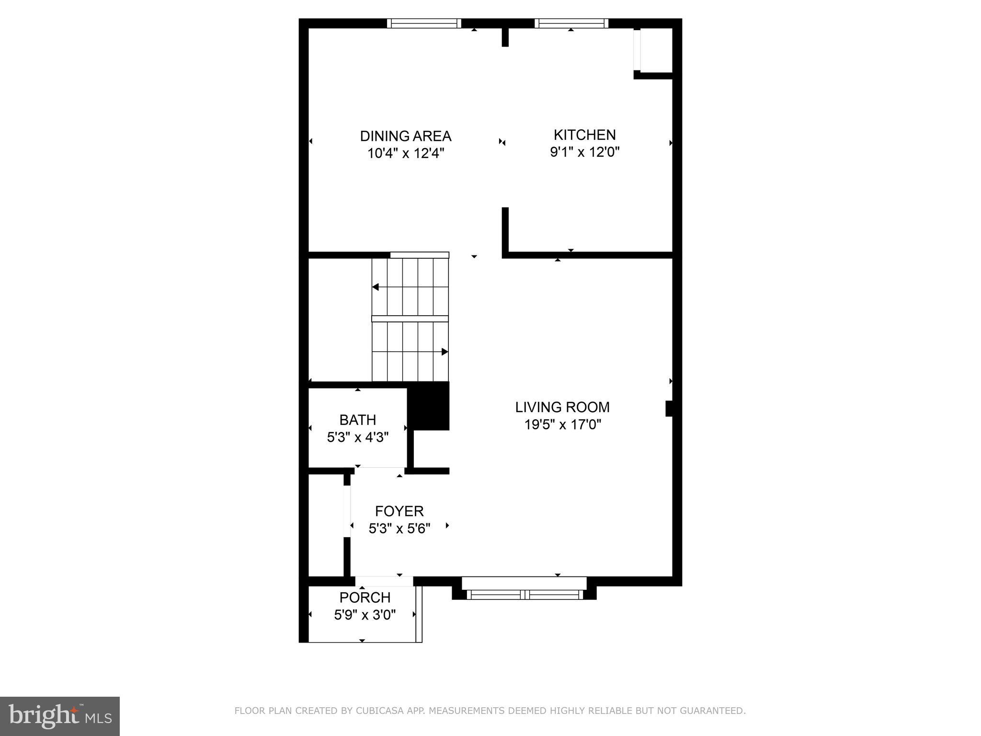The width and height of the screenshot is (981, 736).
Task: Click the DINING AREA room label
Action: [405, 136]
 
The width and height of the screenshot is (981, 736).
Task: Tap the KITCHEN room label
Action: [584, 135]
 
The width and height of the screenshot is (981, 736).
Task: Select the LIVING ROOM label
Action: [562, 407]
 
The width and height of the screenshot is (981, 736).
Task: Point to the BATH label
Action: [357, 420]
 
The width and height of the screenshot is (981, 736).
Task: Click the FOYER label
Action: [399, 511]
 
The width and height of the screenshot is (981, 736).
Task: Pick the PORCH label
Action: [365, 598]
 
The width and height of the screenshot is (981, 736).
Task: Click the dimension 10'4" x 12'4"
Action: [405, 153]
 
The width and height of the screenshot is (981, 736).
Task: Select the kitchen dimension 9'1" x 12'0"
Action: [584, 152]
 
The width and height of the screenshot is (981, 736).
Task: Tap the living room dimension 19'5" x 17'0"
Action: [562, 425]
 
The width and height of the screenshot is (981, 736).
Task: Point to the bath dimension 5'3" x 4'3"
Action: [357, 437]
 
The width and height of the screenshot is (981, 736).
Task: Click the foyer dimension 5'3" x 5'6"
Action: [399, 529]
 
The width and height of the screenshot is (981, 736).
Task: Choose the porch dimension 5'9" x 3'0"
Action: [365, 615]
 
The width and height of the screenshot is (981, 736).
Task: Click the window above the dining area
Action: [424, 23]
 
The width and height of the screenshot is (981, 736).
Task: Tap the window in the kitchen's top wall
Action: [571, 23]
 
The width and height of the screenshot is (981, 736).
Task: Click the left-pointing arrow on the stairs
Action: [376, 287]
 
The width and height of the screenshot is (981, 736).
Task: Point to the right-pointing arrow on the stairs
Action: [445, 352]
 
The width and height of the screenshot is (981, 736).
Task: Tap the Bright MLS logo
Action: [60, 716]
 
